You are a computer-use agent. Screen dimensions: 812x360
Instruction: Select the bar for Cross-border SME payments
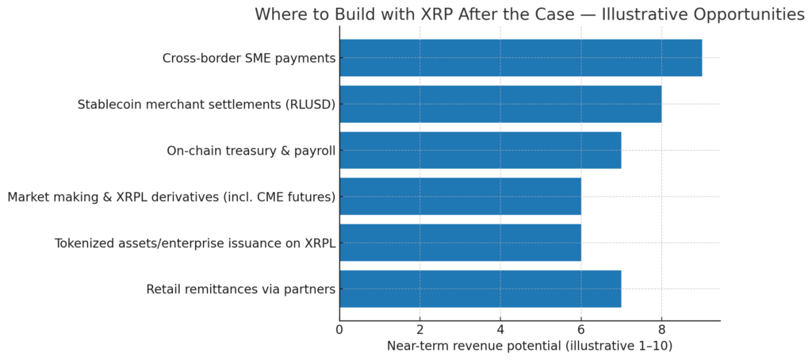[x=521, y=58]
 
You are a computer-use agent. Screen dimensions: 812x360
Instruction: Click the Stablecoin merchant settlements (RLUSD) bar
[x=501, y=104]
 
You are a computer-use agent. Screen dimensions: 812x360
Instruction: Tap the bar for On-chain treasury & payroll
[x=481, y=150]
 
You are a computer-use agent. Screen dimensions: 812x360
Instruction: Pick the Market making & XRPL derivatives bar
[x=461, y=197]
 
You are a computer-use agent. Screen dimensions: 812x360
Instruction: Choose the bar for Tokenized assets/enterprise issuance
[x=461, y=243]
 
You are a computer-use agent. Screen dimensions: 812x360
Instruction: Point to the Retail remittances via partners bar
[x=481, y=289]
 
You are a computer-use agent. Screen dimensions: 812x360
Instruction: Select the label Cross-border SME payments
[x=249, y=58]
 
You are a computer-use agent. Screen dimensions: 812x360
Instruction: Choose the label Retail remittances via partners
[x=241, y=289]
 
